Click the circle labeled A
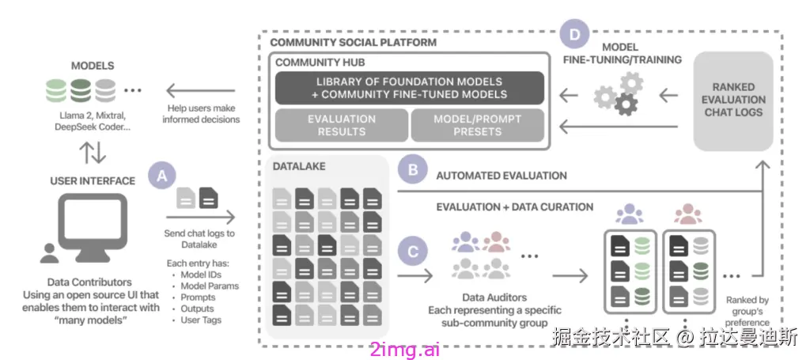point(163,176)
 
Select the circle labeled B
point(413,170)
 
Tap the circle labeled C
point(413,252)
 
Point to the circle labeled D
point(575,35)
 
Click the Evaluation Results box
point(342,126)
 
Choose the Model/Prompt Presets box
point(478,126)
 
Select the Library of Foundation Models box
point(410,88)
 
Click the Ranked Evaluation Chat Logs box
point(733,100)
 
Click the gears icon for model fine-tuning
point(619,93)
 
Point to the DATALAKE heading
point(298,166)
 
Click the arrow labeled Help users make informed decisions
point(199,92)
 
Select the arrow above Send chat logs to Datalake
point(200,218)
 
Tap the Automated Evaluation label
point(502,176)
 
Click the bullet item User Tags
point(201,320)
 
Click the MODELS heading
point(93,66)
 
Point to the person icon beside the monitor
point(50,252)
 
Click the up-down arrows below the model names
point(93,152)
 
